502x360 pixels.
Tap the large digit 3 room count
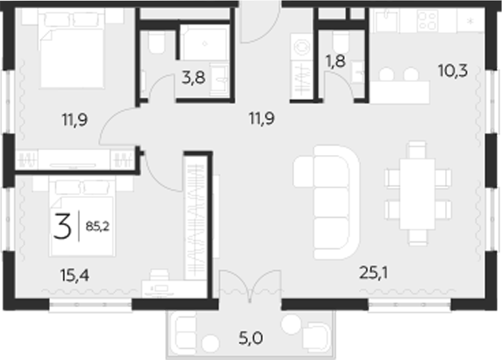coord(63,227)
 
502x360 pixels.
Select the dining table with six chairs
coord(418,193)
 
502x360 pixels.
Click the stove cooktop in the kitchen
coord(426,22)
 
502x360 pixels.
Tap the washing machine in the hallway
coord(302,47)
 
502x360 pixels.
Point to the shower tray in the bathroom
coord(204,43)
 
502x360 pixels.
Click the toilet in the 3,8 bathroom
coord(156,43)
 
